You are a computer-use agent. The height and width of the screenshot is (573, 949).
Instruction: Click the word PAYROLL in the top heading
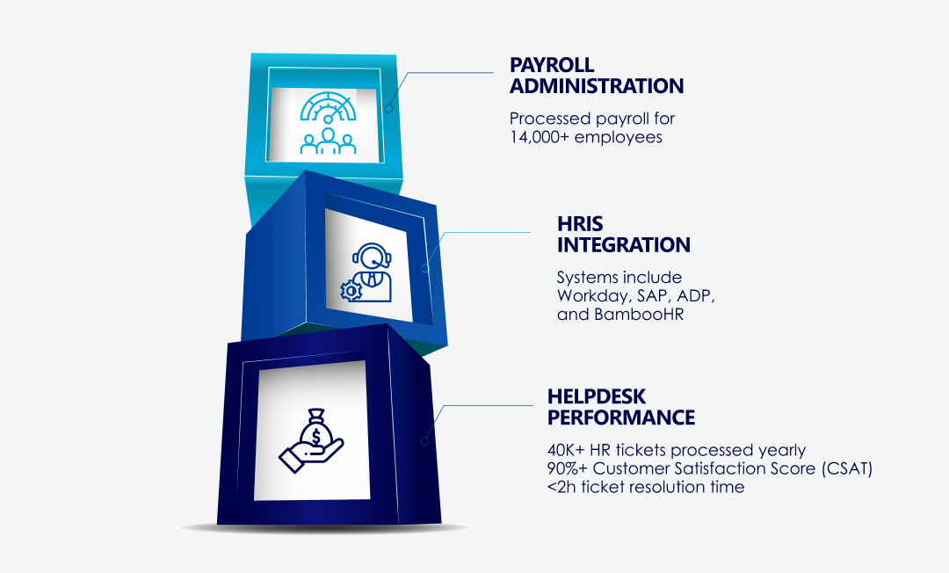(552, 66)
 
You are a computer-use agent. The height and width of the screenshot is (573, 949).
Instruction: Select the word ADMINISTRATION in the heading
(597, 87)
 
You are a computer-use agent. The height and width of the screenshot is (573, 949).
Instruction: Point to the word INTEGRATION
(623, 245)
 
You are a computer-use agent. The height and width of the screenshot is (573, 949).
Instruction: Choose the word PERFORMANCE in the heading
(620, 417)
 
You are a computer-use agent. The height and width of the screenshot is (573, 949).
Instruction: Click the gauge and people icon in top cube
(328, 122)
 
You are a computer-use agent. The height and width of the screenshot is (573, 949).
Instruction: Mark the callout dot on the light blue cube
(388, 109)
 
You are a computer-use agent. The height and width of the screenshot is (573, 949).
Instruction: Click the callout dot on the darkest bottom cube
(424, 440)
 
